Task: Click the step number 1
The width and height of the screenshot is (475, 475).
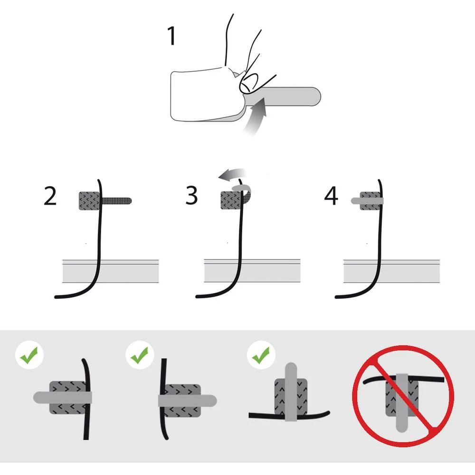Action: pyautogui.click(x=171, y=36)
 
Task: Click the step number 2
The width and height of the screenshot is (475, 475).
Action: pyautogui.click(x=50, y=196)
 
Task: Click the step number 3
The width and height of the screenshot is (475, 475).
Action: pyautogui.click(x=191, y=196)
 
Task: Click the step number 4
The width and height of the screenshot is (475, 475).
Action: pyautogui.click(x=331, y=196)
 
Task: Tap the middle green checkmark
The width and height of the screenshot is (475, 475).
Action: pyautogui.click(x=139, y=354)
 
